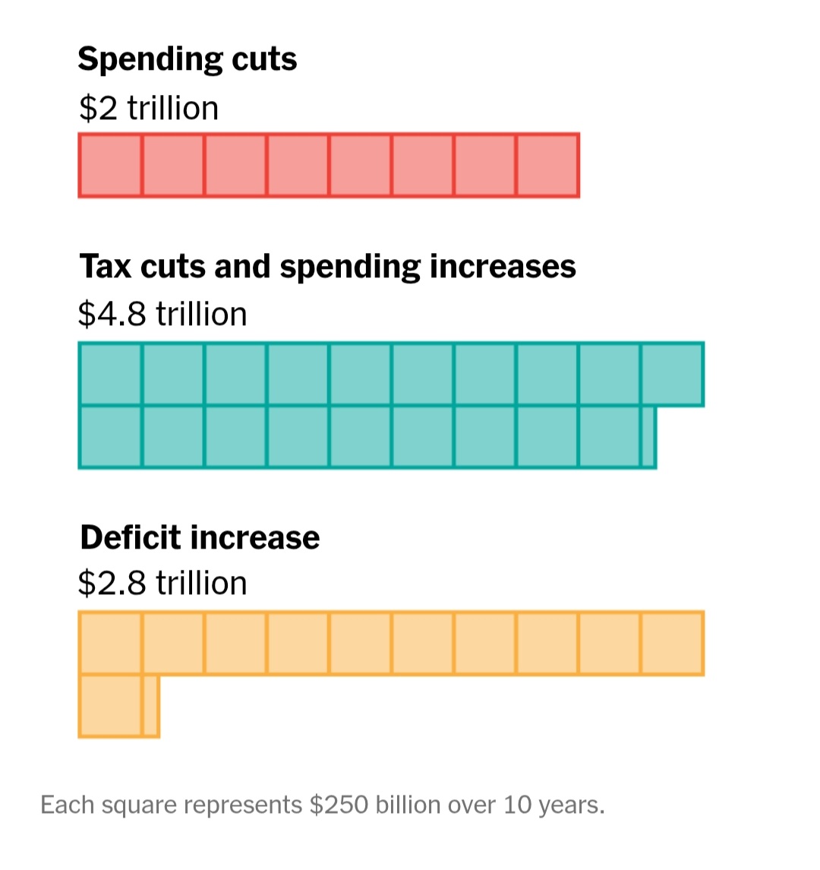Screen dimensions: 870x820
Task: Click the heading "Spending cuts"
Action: coord(187,60)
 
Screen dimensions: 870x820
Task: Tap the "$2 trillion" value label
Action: coord(148,108)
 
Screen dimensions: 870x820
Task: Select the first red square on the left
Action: coord(110,165)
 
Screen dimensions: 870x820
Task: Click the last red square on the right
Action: coord(547,165)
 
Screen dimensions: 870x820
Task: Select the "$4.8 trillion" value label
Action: coord(162,315)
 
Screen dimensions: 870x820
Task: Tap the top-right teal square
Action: coord(672,374)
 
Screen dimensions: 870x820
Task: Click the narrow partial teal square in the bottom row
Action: coord(648,436)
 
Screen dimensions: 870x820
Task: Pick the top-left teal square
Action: coord(110,374)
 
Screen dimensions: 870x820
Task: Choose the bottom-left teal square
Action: coord(110,436)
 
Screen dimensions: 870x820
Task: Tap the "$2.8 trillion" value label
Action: coord(162,584)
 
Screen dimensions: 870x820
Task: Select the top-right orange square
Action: coord(672,643)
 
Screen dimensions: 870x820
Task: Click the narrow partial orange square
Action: coord(150,705)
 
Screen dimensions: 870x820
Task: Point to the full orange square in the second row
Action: coord(110,705)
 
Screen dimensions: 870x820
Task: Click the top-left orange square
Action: coord(110,643)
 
